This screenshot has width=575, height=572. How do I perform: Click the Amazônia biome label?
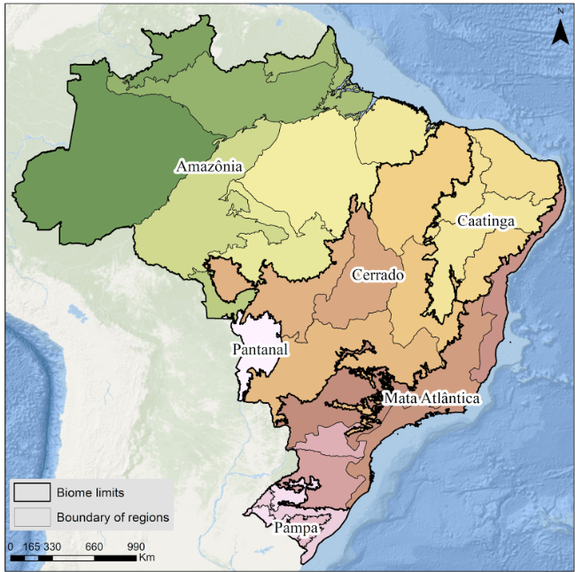pyautogui.click(x=209, y=166)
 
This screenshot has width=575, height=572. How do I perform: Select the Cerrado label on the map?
pyautogui.click(x=378, y=275)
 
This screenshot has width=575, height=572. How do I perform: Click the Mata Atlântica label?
pyautogui.click(x=431, y=399)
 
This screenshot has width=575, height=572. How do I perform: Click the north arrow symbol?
pyautogui.click(x=560, y=33)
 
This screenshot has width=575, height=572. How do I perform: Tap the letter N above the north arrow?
pyautogui.click(x=560, y=12)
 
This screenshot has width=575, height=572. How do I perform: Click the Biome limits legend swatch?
pyautogui.click(x=31, y=493)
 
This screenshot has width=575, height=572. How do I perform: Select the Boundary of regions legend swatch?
pyautogui.click(x=31, y=517)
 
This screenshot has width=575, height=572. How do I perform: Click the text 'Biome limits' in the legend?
pyautogui.click(x=88, y=493)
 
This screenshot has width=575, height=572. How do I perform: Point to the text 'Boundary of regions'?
pyautogui.click(x=113, y=517)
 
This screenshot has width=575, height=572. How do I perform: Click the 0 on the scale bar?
pyautogui.click(x=10, y=546)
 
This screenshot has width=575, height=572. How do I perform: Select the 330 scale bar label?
pyautogui.click(x=52, y=546)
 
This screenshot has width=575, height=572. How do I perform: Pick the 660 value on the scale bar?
pyautogui.click(x=95, y=546)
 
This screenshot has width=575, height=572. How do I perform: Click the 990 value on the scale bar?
pyautogui.click(x=136, y=546)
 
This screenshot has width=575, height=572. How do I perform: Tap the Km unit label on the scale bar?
pyautogui.click(x=147, y=558)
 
